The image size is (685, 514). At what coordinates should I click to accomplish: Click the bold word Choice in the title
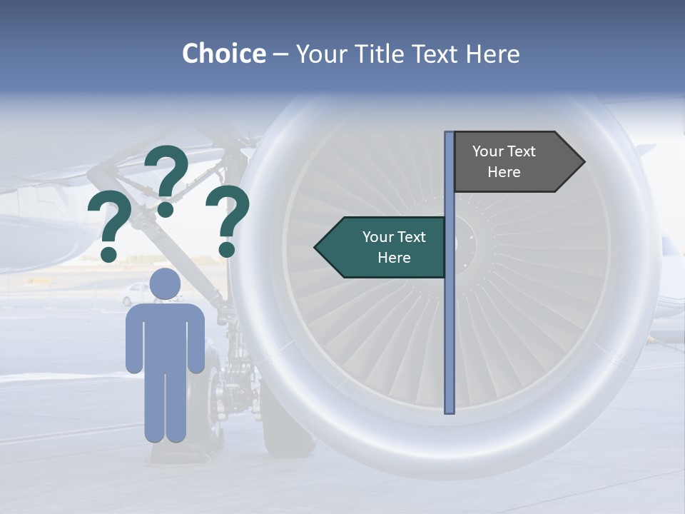(223, 54)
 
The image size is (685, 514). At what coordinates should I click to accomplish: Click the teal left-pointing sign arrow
(382, 247)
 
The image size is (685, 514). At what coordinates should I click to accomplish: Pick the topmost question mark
(168, 178)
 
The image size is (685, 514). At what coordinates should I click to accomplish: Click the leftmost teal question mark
(109, 228)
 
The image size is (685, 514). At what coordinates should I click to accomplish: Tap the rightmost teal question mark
(228, 220)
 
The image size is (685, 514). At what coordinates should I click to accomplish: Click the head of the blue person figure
(165, 285)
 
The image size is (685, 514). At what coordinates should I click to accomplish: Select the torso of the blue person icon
(165, 336)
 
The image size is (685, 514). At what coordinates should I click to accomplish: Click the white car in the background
(136, 293)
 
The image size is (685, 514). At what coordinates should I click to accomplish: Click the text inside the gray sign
(504, 161)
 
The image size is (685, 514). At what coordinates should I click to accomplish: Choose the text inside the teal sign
(394, 247)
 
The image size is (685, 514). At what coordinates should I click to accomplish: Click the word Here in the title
(492, 54)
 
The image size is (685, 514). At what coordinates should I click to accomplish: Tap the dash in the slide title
(280, 55)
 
